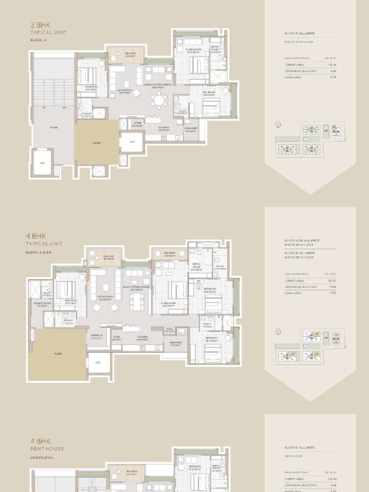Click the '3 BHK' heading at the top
(39, 25)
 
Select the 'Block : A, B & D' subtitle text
(44, 252)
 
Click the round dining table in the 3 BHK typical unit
(159, 100)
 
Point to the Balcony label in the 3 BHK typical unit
(125, 55)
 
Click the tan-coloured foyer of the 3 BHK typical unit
(97, 143)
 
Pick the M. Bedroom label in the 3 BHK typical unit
(193, 51)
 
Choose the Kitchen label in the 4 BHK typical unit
(143, 337)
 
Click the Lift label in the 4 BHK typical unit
(98, 363)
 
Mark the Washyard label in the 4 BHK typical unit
(175, 344)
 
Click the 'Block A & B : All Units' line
(301, 240)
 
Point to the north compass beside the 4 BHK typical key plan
(278, 332)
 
